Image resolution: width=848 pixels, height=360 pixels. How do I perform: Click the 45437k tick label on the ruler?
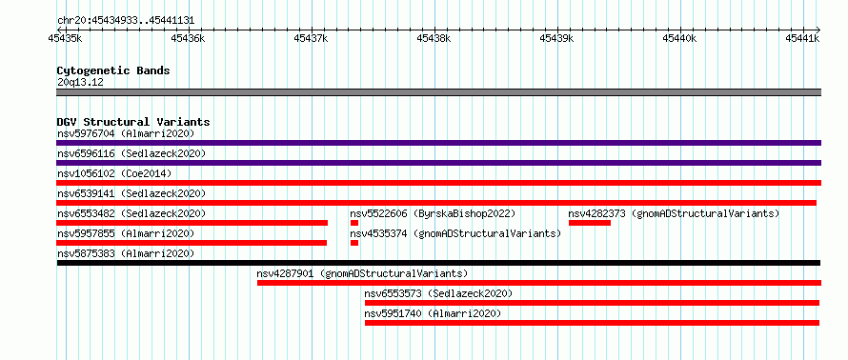[x=311, y=38]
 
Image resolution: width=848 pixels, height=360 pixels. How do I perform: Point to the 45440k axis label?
[x=679, y=38]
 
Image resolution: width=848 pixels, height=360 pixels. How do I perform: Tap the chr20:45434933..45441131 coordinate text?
[x=126, y=21]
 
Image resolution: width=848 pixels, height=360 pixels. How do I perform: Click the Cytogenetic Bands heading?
[x=113, y=70]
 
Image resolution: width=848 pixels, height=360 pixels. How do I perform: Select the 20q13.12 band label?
[x=80, y=83]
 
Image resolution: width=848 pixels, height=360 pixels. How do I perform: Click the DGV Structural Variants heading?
[x=133, y=122]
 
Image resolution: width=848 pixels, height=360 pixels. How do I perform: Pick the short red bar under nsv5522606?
[x=354, y=223]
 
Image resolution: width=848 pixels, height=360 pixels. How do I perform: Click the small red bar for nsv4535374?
[x=354, y=243]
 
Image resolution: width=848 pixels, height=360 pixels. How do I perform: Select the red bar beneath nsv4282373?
[x=590, y=223]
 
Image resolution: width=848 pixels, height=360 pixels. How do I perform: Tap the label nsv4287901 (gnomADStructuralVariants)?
[x=362, y=273]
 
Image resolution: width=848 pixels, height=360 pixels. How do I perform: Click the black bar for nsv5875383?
[x=438, y=263]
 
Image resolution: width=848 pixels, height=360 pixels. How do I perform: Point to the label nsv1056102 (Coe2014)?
[x=114, y=173]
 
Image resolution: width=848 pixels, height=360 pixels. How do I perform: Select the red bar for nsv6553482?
[x=192, y=223]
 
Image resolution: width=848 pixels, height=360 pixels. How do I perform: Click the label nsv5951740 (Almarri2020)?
[x=433, y=313]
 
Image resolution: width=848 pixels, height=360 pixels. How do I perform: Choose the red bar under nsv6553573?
[x=593, y=303]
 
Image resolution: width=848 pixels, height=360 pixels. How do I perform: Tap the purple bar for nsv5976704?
[x=438, y=143]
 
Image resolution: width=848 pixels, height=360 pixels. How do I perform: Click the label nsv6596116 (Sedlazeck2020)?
[x=131, y=153]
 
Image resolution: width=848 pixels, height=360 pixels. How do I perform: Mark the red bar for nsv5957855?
[x=192, y=243]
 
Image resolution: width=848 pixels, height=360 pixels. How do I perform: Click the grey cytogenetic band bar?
[x=438, y=92]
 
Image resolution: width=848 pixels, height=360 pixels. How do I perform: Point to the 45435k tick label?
[x=66, y=38]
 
